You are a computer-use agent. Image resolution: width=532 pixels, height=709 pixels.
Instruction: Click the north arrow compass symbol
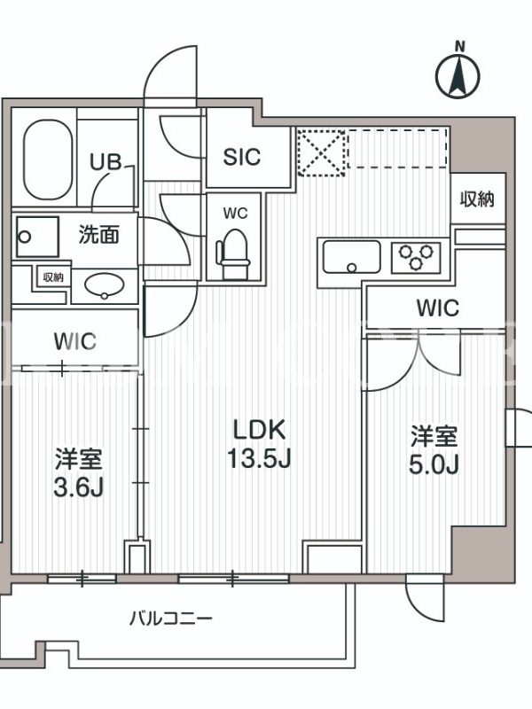tap(458, 74)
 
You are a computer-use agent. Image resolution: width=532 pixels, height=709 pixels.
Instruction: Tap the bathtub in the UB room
tap(48, 160)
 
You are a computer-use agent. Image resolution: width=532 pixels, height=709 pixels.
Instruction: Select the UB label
tap(106, 162)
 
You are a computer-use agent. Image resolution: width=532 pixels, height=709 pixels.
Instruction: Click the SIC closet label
tap(242, 157)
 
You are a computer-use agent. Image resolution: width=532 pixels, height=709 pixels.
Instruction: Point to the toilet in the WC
tap(234, 254)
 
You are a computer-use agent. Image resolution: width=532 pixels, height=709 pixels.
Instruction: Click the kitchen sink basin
tap(351, 257)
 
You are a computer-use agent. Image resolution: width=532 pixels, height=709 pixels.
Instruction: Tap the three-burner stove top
tap(416, 257)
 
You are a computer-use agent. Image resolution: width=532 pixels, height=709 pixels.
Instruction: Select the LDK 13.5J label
tap(259, 444)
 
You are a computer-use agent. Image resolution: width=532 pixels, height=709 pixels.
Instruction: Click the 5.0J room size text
tap(434, 464)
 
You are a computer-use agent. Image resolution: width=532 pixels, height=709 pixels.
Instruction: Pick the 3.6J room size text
tap(79, 487)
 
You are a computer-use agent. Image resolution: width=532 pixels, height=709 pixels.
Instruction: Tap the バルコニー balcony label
tap(170, 618)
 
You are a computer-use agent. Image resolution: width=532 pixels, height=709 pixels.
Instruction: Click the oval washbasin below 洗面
tap(105, 285)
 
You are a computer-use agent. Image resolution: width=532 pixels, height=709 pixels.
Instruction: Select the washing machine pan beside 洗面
tap(37, 237)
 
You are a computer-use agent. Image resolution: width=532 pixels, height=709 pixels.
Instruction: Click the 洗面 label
tap(99, 234)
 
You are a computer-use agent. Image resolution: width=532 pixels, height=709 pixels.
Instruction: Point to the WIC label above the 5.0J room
tap(437, 308)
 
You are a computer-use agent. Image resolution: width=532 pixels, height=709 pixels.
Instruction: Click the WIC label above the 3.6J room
tap(75, 341)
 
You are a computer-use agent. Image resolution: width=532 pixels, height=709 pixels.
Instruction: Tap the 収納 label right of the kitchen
tap(477, 199)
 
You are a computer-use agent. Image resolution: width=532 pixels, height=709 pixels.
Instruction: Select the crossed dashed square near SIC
tap(321, 152)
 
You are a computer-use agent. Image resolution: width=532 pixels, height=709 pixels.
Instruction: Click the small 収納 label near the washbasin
tap(53, 277)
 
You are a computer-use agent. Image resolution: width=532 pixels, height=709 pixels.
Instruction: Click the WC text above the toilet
tap(235, 214)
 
